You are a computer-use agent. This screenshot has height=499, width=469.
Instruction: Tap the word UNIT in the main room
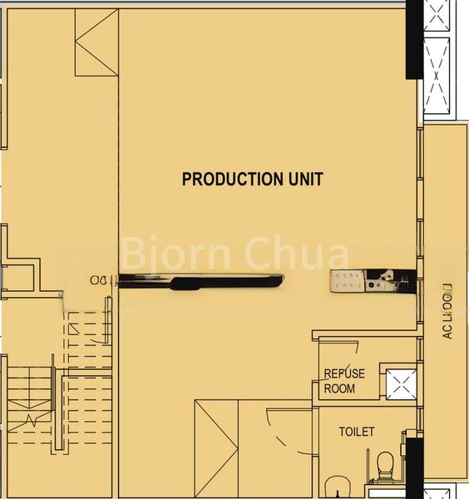pos(303,179)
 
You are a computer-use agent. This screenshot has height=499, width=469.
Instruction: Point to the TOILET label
pos(356,432)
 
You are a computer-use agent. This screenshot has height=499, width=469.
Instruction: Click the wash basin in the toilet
pos(338,486)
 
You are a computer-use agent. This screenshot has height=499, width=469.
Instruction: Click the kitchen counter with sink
pos(368,282)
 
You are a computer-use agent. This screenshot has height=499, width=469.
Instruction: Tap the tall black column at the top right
pos(414,40)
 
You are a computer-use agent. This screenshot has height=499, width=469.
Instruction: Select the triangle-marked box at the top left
pos(96,42)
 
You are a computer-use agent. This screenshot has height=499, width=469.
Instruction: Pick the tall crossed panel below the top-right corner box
pos(437,75)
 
